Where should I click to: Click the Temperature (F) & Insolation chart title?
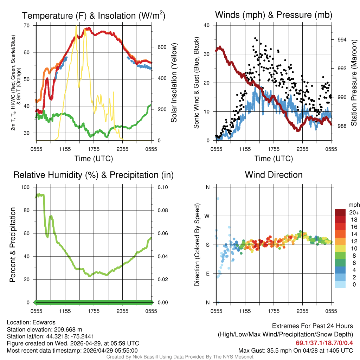94,15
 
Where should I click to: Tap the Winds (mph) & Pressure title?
274,15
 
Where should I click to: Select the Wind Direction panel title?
274,175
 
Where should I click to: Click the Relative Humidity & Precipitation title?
94,175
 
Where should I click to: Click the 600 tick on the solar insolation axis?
157,47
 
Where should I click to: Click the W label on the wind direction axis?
207,216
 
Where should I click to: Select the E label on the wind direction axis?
207,274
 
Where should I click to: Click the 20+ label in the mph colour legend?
353,212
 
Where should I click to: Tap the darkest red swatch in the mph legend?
340,212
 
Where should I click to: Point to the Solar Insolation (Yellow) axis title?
174,83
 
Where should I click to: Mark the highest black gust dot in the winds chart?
255,38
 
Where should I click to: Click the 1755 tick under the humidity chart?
94,311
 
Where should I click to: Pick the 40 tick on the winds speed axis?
207,25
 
